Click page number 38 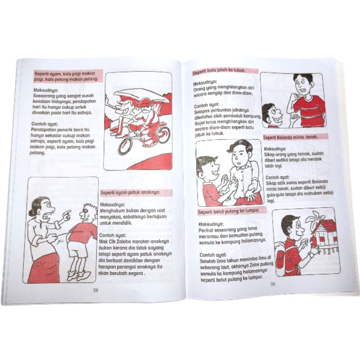(x=95, y=290)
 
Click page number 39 (x=273, y=284)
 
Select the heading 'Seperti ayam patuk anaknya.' (x=130, y=193)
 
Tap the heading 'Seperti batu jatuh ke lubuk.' (x=219, y=72)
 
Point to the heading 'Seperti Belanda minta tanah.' (x=291, y=137)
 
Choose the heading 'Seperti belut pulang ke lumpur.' (x=229, y=211)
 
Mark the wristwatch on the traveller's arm (x=311, y=255)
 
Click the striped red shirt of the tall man (x=309, y=111)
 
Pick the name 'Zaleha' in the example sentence (x=124, y=242)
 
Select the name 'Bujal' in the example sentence (x=200, y=123)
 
